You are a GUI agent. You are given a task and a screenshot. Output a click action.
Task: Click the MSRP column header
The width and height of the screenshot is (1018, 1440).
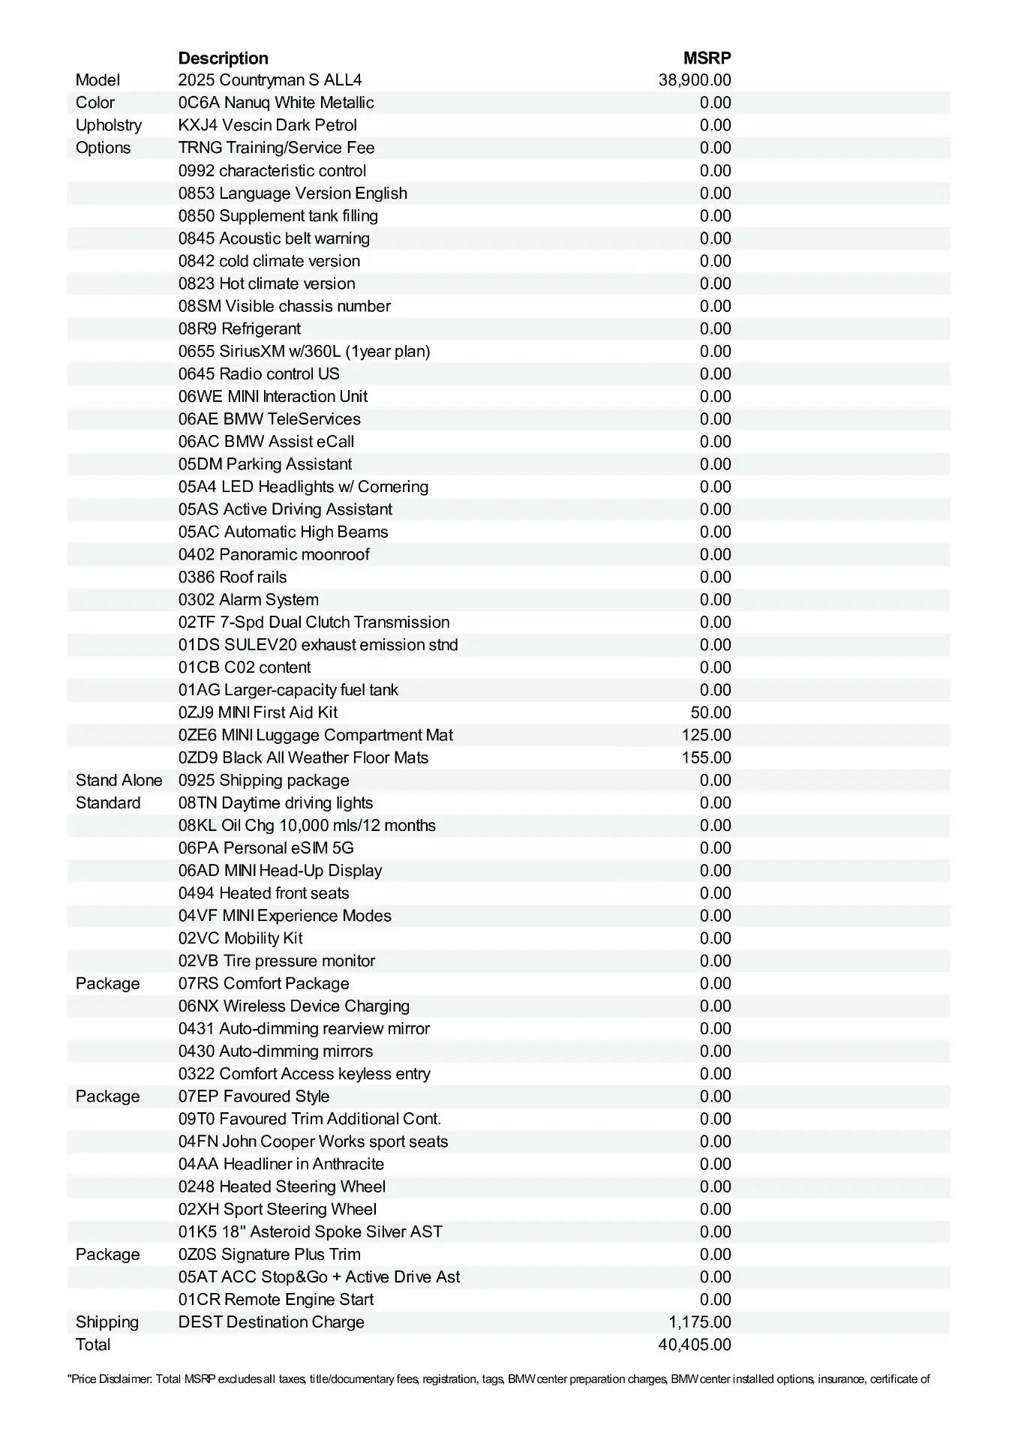tap(707, 58)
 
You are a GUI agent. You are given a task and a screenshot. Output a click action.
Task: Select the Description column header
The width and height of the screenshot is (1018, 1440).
tap(223, 58)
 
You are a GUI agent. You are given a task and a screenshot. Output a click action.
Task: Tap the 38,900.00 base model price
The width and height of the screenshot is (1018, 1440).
tap(695, 80)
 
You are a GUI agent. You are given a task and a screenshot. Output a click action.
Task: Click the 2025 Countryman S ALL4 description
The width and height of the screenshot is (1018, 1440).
tap(270, 80)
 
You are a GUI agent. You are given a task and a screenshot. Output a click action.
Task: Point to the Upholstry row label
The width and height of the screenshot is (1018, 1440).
tap(108, 125)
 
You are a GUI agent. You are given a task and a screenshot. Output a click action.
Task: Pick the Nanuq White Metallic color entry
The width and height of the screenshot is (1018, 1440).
tap(276, 103)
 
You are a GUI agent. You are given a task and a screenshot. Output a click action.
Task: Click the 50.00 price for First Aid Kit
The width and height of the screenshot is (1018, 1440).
tap(710, 712)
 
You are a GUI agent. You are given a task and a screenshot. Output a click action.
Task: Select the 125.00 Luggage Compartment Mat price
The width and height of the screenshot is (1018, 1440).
tap(706, 735)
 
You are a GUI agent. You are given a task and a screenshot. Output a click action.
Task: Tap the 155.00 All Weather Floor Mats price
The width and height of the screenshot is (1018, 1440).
tap(706, 757)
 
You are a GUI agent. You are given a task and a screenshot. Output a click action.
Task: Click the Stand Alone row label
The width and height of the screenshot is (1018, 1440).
tap(119, 780)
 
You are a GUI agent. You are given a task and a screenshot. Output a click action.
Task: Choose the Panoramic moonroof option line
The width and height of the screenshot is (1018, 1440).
tap(274, 554)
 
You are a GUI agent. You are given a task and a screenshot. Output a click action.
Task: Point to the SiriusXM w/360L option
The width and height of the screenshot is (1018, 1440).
tap(304, 351)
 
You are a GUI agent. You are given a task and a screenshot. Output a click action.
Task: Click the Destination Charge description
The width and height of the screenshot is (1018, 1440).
tap(271, 1322)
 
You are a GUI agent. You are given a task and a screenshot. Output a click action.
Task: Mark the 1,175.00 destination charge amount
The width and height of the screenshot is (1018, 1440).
tap(700, 1322)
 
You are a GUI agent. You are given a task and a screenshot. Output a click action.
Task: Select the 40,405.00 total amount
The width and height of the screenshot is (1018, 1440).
tap(695, 1345)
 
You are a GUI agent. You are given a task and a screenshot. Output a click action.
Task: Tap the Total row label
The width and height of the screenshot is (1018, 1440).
tap(93, 1345)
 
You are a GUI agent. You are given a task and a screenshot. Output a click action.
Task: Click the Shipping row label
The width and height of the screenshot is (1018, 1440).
tap(107, 1322)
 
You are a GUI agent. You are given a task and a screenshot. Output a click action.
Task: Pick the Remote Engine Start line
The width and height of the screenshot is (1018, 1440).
tap(276, 1300)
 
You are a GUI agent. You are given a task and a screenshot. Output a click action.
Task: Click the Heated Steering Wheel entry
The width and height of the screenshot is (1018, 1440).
tap(282, 1186)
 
